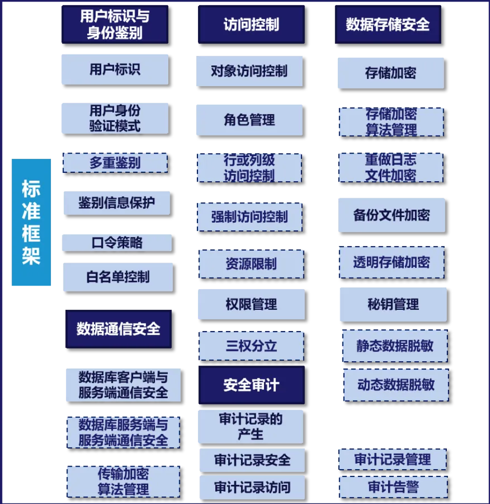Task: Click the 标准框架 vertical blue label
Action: click(x=31, y=222)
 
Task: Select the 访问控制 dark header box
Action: click(x=250, y=24)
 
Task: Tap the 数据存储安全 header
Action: click(x=388, y=24)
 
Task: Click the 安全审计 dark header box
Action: click(x=251, y=385)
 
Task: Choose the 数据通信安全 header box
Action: click(x=118, y=329)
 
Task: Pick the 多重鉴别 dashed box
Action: click(x=115, y=163)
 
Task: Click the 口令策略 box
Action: click(x=117, y=243)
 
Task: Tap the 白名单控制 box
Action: click(x=118, y=277)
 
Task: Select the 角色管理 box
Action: click(x=249, y=120)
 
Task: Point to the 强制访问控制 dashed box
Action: click(x=249, y=216)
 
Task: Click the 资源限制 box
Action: click(x=251, y=264)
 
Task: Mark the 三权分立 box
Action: click(x=251, y=346)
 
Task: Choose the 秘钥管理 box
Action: click(x=393, y=304)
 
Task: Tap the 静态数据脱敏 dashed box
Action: click(x=394, y=346)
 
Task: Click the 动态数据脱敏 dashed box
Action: click(x=395, y=385)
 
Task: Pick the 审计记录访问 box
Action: click(x=252, y=487)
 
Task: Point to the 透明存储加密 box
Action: click(x=392, y=262)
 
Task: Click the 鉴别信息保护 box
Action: click(x=117, y=203)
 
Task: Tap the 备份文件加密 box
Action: click(x=392, y=215)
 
